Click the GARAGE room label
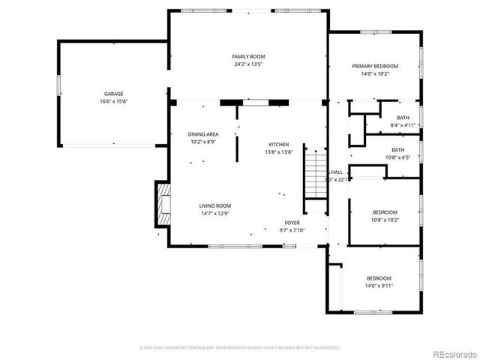click(x=115, y=94)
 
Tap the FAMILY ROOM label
click(x=248, y=56)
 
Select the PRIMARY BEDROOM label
click(x=375, y=66)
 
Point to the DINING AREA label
click(x=203, y=133)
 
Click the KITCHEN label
click(x=280, y=144)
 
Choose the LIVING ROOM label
click(x=214, y=205)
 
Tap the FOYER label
click(x=292, y=223)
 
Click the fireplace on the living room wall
click(x=163, y=205)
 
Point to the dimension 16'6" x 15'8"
click(x=115, y=102)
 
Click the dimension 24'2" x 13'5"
click(x=248, y=64)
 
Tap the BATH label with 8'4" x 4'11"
click(x=403, y=118)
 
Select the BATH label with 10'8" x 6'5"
click(x=403, y=149)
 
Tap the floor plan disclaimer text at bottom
click(x=240, y=347)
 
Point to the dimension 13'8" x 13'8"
click(x=280, y=152)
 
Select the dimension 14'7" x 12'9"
click(x=214, y=214)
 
